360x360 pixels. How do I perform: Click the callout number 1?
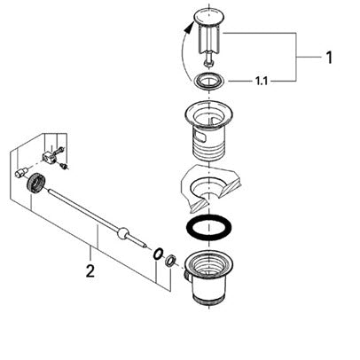pos(329,58)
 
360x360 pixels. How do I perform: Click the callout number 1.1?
pos(262,81)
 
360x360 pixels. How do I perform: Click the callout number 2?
pos(90,270)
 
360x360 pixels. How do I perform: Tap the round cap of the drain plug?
pos(209,16)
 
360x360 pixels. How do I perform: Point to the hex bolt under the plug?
pos(208,61)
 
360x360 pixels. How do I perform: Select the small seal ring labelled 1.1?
pos(209,81)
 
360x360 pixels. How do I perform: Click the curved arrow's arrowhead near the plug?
pos(187,28)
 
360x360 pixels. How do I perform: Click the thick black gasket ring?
pos(209,226)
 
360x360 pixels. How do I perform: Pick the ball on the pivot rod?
pos(122,232)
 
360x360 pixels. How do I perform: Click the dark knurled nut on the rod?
pos(36,184)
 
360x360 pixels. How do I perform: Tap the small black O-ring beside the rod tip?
pos(158,254)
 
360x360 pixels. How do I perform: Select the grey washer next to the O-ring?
pos(171,261)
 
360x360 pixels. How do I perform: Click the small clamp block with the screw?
pos(49,156)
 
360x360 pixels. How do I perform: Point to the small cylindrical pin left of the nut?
pos(21,172)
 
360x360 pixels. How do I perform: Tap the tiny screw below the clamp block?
pos(63,166)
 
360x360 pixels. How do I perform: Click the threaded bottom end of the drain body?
pos(209,298)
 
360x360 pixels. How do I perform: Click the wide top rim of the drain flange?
pos(209,112)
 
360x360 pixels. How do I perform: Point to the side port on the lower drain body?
pos(186,274)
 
